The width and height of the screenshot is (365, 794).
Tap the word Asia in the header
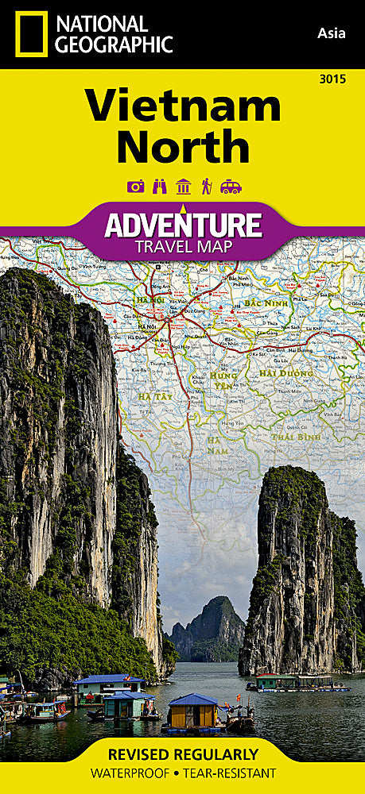click(331, 33)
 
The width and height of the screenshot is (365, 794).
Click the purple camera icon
click(135, 187)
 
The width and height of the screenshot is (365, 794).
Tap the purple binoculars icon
click(159, 187)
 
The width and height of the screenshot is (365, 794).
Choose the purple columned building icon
click(183, 187)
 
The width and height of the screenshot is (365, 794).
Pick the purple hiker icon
click(206, 187)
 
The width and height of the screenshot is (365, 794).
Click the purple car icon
click(231, 187)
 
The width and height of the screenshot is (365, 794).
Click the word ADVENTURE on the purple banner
click(183, 225)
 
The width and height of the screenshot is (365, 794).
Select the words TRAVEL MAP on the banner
click(183, 247)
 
